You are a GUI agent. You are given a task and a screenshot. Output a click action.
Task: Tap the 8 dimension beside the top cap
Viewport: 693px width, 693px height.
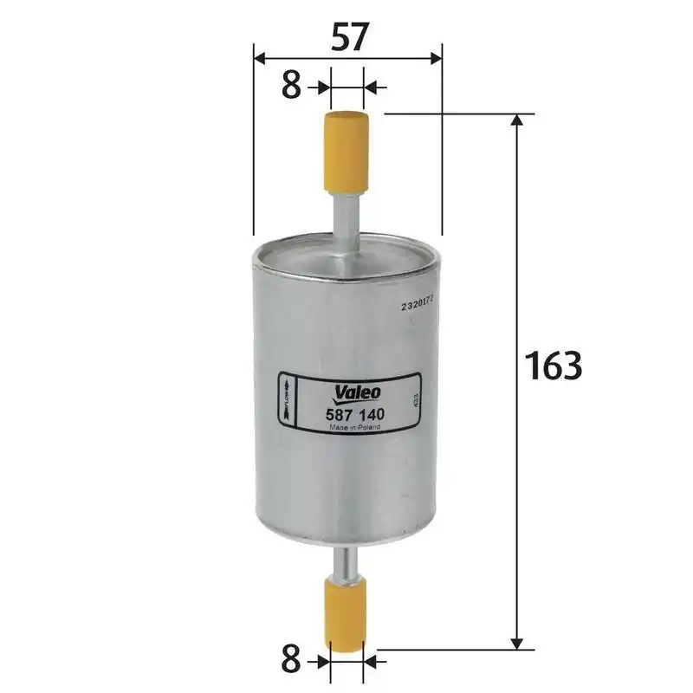[292, 86]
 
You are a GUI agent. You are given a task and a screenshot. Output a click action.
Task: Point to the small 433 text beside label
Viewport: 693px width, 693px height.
[417, 401]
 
